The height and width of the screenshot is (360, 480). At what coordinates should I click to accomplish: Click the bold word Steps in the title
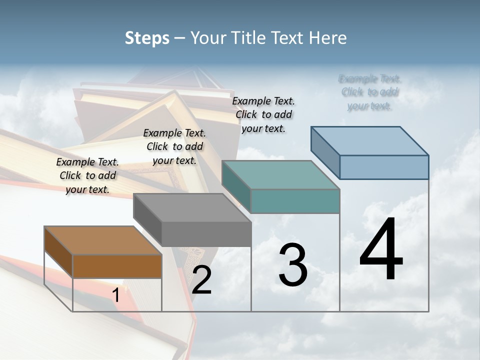(x=147, y=38)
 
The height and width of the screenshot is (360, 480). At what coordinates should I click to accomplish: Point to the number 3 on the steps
(x=293, y=265)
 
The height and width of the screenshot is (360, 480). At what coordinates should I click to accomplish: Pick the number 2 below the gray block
(x=201, y=280)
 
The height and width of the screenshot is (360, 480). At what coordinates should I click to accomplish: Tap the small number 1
(x=116, y=295)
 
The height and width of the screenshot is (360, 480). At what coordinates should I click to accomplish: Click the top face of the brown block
(x=103, y=240)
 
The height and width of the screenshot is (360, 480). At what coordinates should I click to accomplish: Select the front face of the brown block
(x=117, y=266)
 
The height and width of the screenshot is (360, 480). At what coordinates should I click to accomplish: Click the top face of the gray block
(x=192, y=207)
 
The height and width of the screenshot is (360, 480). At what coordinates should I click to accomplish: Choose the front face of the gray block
(x=206, y=234)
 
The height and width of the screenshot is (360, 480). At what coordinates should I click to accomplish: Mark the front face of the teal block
(x=295, y=201)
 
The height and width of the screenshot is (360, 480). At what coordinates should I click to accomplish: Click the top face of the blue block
(x=369, y=140)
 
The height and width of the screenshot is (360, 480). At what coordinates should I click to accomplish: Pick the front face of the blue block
(x=384, y=167)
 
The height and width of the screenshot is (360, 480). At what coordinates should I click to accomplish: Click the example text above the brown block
(x=87, y=175)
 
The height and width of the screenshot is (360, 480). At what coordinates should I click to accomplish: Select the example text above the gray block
(x=174, y=146)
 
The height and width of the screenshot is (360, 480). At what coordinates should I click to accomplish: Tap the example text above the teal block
(x=263, y=114)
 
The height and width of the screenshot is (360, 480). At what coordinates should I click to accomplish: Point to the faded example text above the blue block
(x=370, y=92)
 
